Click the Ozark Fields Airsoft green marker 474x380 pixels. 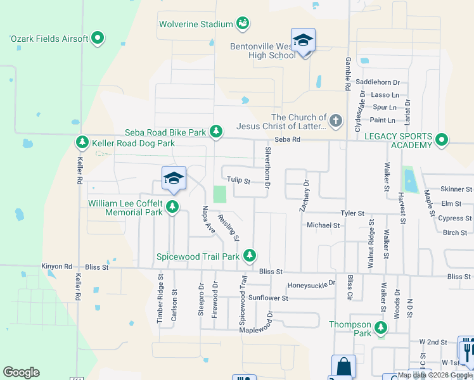98,39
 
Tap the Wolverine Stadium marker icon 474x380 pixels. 242,25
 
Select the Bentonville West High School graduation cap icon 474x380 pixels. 303,41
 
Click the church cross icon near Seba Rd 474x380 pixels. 336,119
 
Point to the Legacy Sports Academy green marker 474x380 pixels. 442,139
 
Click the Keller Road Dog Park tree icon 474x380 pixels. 82,142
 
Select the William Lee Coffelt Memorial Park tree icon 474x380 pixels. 172,206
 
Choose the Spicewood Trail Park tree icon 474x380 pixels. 250,255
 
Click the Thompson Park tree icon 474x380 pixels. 381,327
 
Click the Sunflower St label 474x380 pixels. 268,298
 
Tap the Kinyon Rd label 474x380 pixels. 57,267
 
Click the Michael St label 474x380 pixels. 323,225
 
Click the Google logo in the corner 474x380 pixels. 21,372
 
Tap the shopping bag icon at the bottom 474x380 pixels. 343,367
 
